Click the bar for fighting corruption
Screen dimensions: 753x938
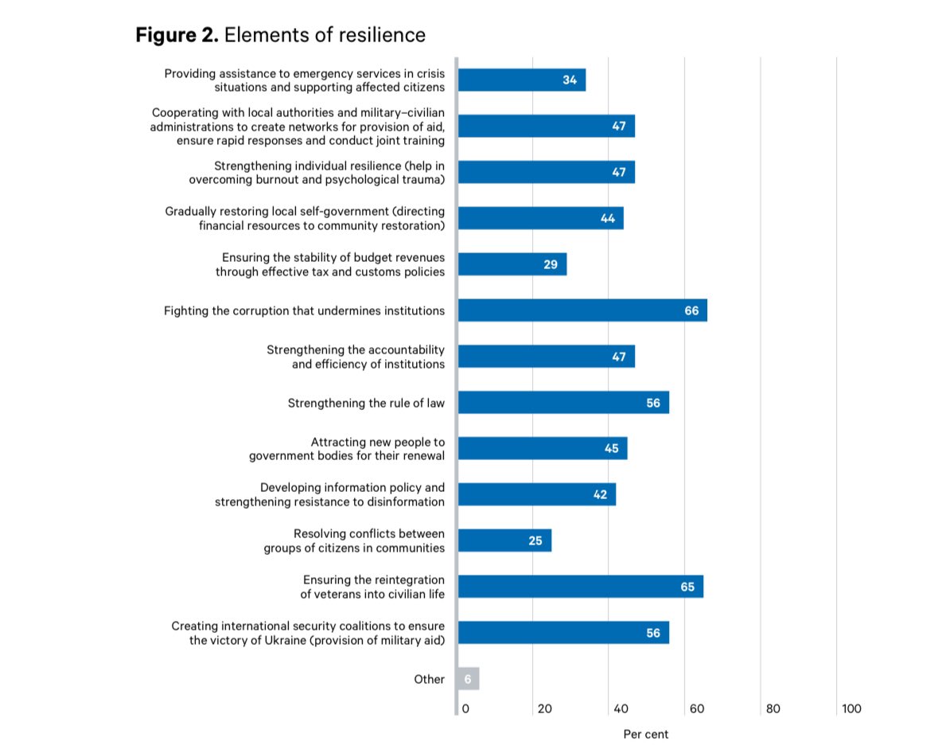(x=582, y=310)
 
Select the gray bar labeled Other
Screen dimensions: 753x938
(x=469, y=679)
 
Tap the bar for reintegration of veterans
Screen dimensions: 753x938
(x=581, y=587)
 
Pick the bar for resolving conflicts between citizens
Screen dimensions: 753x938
(x=504, y=540)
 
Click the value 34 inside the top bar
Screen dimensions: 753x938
(x=570, y=80)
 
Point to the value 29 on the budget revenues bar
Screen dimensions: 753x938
(x=551, y=264)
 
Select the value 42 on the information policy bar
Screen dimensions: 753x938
(x=600, y=494)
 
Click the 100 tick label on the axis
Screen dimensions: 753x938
(x=851, y=708)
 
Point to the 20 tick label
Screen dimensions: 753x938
(x=544, y=708)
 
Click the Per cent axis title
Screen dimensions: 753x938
(x=646, y=734)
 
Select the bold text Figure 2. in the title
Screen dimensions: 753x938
(x=177, y=35)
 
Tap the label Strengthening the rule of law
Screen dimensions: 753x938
(x=366, y=403)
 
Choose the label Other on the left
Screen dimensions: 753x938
(x=429, y=679)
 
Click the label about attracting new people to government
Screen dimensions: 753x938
(x=347, y=449)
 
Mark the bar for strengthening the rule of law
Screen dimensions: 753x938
(x=563, y=403)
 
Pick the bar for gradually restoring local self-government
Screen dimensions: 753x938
(x=540, y=218)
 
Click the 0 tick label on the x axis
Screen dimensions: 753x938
(x=465, y=708)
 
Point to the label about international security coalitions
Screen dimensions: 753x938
(x=308, y=633)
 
